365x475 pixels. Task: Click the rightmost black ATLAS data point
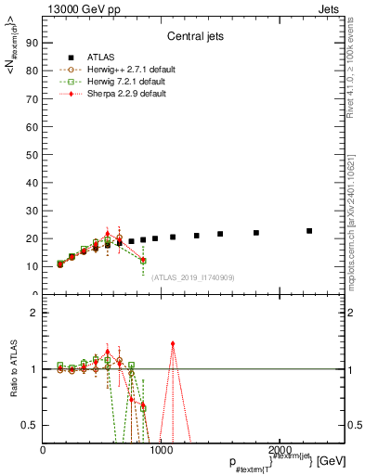pyautogui.click(x=309, y=231)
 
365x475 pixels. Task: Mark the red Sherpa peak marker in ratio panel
pyautogui.click(x=173, y=343)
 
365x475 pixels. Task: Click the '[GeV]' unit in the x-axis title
pyautogui.click(x=329, y=461)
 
